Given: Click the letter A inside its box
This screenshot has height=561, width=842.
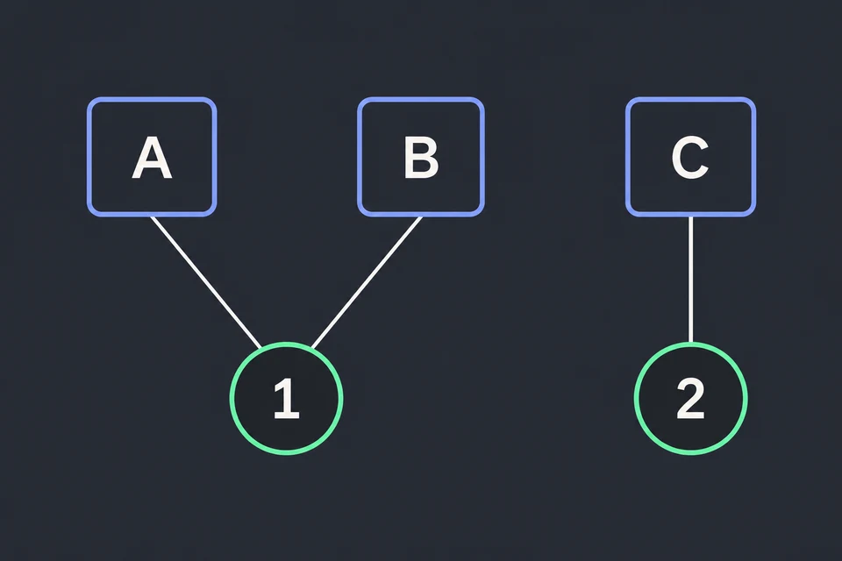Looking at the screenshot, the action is click(x=152, y=157).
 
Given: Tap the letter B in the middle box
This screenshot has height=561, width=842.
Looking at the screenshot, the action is click(x=421, y=157).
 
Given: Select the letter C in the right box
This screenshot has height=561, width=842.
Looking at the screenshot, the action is click(x=690, y=157).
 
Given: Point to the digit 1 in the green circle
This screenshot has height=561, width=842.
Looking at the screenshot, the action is click(x=286, y=398).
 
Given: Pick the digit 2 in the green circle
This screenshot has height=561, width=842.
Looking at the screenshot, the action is click(x=690, y=398).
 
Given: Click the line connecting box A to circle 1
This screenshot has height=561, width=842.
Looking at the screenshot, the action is click(x=206, y=282).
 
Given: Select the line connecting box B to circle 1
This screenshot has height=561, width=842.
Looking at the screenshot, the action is click(x=367, y=282).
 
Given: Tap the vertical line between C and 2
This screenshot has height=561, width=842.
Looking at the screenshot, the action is click(x=690, y=279).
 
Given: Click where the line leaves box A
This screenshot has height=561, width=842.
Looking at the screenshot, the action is click(x=152, y=217).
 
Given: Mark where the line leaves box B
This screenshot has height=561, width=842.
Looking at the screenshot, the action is click(x=421, y=217).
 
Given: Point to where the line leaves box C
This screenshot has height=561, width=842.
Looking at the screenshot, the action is click(x=690, y=217).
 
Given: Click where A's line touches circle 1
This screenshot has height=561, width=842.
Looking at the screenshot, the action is click(x=260, y=348).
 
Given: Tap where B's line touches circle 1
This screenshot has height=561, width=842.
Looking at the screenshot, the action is click(x=312, y=348).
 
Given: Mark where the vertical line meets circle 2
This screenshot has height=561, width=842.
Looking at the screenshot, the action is click(x=690, y=343).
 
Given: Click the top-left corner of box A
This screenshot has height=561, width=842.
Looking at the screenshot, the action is click(x=89, y=99).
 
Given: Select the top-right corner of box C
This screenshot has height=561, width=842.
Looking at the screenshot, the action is click(x=754, y=99).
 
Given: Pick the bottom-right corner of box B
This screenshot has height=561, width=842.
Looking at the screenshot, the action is click(x=483, y=216).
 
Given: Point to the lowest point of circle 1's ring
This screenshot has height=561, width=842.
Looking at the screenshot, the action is click(x=286, y=454).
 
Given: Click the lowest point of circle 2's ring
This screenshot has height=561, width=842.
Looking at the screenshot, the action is click(x=690, y=454).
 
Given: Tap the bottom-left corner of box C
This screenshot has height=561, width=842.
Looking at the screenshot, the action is click(x=627, y=216).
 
